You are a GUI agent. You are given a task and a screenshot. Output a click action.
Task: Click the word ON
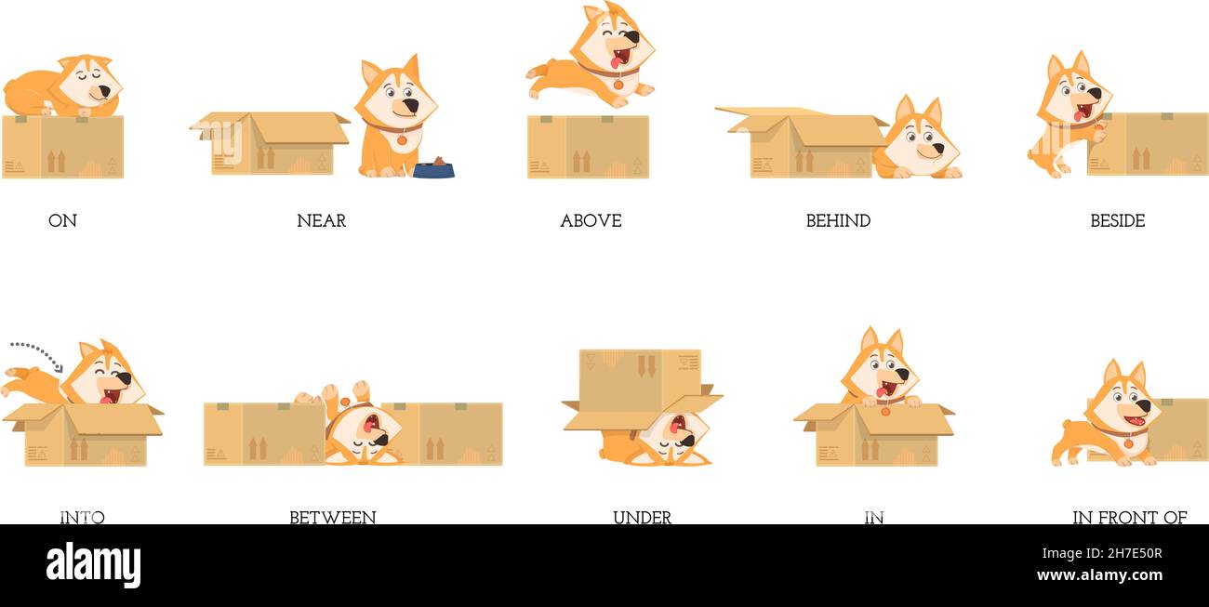[62, 221]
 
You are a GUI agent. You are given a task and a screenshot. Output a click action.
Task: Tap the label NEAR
[321, 221]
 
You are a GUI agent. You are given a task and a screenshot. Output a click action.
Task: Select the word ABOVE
[591, 221]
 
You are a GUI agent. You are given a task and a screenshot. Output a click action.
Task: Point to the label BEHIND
[838, 221]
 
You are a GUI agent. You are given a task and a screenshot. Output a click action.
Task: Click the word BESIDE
[1117, 221]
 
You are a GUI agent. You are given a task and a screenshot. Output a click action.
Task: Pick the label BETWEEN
[332, 517]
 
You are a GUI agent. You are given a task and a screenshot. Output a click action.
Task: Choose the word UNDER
[642, 517]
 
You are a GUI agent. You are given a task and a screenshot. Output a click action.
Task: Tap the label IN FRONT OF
[1129, 517]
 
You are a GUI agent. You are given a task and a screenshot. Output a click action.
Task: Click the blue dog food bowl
[433, 170]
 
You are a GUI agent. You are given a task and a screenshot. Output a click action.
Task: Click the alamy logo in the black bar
[93, 565]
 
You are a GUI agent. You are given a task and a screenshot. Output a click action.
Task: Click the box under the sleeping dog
[62, 147]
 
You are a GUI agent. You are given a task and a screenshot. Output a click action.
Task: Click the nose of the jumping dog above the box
[632, 38]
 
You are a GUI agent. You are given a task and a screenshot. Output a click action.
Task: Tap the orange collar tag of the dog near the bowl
[402, 140]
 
